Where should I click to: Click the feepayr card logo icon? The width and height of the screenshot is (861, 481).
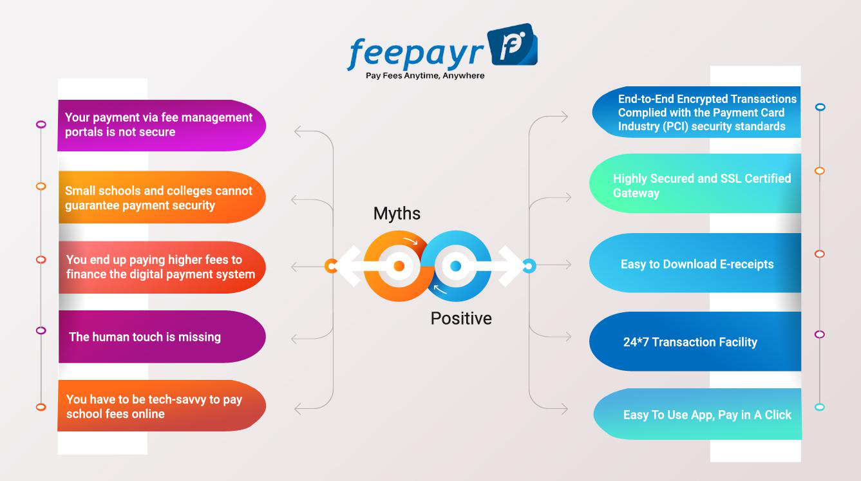pyautogui.click(x=513, y=44)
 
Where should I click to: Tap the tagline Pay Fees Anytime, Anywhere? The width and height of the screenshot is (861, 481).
pyautogui.click(x=425, y=76)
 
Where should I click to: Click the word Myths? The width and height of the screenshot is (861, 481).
pyautogui.click(x=397, y=213)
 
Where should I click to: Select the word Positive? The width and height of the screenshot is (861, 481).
pyautogui.click(x=461, y=319)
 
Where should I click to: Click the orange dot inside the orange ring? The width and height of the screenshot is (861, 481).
pyautogui.click(x=399, y=266)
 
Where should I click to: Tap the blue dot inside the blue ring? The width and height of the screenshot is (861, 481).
pyautogui.click(x=455, y=266)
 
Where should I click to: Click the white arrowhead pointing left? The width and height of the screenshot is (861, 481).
pyautogui.click(x=349, y=266)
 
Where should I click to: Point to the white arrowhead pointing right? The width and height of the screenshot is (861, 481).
pyautogui.click(x=511, y=266)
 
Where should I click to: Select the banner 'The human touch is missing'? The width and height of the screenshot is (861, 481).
pyautogui.click(x=162, y=337)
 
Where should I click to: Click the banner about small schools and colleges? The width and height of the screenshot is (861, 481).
pyautogui.click(x=162, y=197)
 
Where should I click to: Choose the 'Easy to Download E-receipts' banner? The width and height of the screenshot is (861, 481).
pyautogui.click(x=695, y=263)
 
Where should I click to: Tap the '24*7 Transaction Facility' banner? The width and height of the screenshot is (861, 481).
pyautogui.click(x=695, y=341)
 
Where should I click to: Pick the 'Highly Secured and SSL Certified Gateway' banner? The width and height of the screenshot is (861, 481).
pyautogui.click(x=695, y=184)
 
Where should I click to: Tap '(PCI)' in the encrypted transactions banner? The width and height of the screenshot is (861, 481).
pyautogui.click(x=676, y=126)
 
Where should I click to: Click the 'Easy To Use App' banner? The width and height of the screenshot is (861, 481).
pyautogui.click(x=697, y=414)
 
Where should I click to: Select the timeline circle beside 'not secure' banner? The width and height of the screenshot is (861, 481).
pyautogui.click(x=41, y=124)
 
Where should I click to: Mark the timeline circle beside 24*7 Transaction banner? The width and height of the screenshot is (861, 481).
pyautogui.click(x=820, y=334)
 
